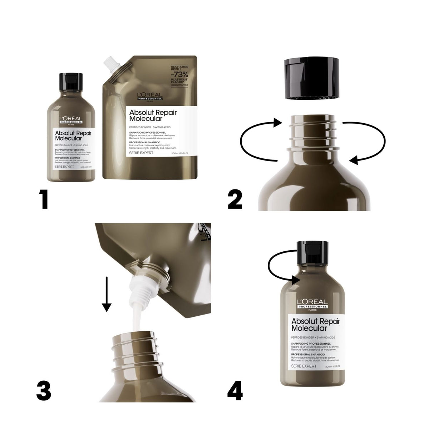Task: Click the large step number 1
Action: [44, 199]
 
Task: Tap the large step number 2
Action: [235, 199]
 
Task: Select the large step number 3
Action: [44, 390]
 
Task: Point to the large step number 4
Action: [235, 390]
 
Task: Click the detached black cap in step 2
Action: [311, 79]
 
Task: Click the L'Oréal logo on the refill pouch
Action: [150, 96]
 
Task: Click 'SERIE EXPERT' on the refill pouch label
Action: [142, 153]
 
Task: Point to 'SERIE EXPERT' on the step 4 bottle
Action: [304, 366]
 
